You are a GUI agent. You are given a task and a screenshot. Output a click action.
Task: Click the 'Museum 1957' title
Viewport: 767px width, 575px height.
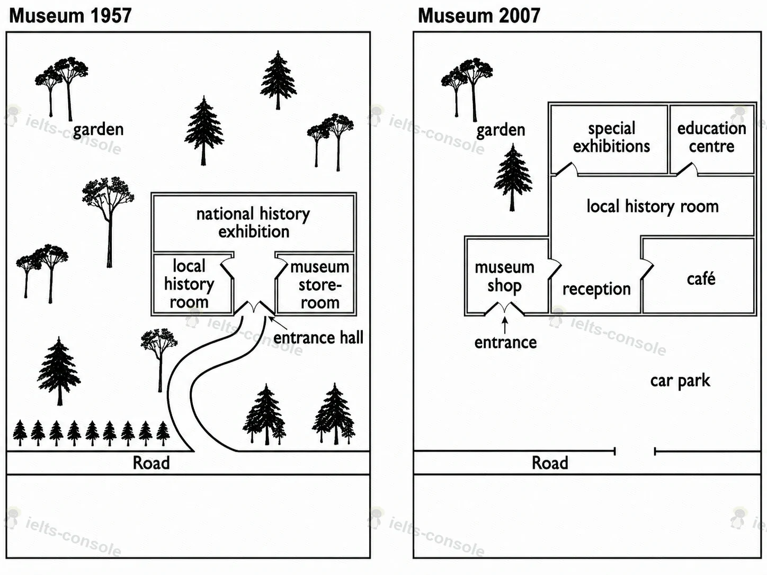click(x=70, y=16)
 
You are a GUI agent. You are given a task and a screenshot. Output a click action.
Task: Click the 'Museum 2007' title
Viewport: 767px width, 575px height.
click(x=479, y=16)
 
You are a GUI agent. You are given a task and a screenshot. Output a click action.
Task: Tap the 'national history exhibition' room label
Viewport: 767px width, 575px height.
click(x=253, y=222)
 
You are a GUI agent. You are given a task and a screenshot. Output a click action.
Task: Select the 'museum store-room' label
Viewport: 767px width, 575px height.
click(x=320, y=284)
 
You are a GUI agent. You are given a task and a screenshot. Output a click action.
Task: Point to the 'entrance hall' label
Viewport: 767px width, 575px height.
click(x=318, y=338)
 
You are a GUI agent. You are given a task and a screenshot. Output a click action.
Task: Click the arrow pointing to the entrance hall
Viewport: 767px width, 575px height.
click(x=278, y=323)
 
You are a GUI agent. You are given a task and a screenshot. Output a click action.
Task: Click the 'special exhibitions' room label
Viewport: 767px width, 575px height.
click(x=611, y=137)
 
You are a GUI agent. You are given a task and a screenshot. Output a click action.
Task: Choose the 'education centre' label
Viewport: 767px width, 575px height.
click(x=712, y=137)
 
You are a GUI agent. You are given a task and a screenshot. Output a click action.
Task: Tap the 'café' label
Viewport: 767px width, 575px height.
click(x=701, y=278)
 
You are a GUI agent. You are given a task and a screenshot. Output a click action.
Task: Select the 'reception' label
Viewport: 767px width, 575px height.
click(x=596, y=290)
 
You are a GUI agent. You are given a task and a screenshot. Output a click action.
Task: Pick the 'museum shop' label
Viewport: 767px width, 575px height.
click(x=505, y=276)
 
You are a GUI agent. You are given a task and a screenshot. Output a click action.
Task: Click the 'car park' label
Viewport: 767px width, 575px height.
click(x=680, y=381)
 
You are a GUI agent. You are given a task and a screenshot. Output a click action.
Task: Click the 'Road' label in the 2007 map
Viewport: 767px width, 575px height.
click(x=550, y=463)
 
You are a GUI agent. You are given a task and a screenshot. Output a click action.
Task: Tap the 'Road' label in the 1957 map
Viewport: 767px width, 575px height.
click(x=151, y=463)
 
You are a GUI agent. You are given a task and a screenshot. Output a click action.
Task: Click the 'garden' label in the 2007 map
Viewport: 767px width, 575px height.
click(x=501, y=130)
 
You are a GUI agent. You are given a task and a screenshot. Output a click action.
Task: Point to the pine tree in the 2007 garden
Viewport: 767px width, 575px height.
click(x=513, y=177)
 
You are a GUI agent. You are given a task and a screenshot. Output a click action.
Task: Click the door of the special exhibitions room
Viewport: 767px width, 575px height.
click(x=566, y=168)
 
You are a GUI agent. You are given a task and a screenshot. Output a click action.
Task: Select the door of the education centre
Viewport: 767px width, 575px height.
click(x=687, y=168)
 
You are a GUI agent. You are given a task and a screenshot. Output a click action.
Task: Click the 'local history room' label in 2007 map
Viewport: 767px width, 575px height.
click(x=653, y=206)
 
